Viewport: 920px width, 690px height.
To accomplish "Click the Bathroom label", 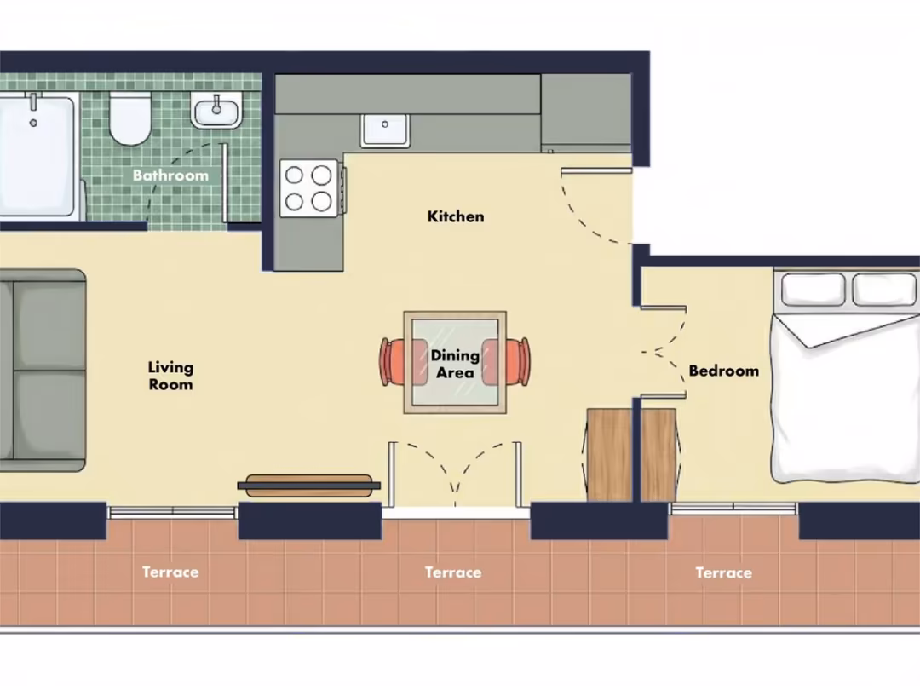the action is [170, 175].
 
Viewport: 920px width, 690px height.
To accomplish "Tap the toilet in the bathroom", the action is [130, 118].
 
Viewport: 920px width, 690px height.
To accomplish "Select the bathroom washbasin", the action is [216, 110].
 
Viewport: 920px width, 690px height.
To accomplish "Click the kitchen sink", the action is [385, 130].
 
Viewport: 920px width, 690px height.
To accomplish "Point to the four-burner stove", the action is [309, 188].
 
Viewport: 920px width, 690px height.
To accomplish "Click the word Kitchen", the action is [456, 216].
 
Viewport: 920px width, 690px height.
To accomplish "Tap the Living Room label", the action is [170, 377].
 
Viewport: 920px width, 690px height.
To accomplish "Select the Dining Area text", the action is [455, 364].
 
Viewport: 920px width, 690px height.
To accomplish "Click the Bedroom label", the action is [723, 371].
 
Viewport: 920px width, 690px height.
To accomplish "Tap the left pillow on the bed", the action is [814, 290].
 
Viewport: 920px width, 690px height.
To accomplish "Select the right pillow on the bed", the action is [883, 290].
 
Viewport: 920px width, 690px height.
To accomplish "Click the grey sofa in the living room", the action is [43, 371].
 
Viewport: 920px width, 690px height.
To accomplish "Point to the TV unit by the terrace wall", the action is [308, 486].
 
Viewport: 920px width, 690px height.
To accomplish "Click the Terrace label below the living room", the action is [170, 572].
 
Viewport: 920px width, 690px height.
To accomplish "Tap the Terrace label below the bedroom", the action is [723, 572].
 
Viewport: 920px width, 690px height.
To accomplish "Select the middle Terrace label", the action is [453, 572].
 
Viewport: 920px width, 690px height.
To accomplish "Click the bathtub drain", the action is [33, 124].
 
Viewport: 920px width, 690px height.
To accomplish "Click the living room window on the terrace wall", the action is [172, 512].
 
